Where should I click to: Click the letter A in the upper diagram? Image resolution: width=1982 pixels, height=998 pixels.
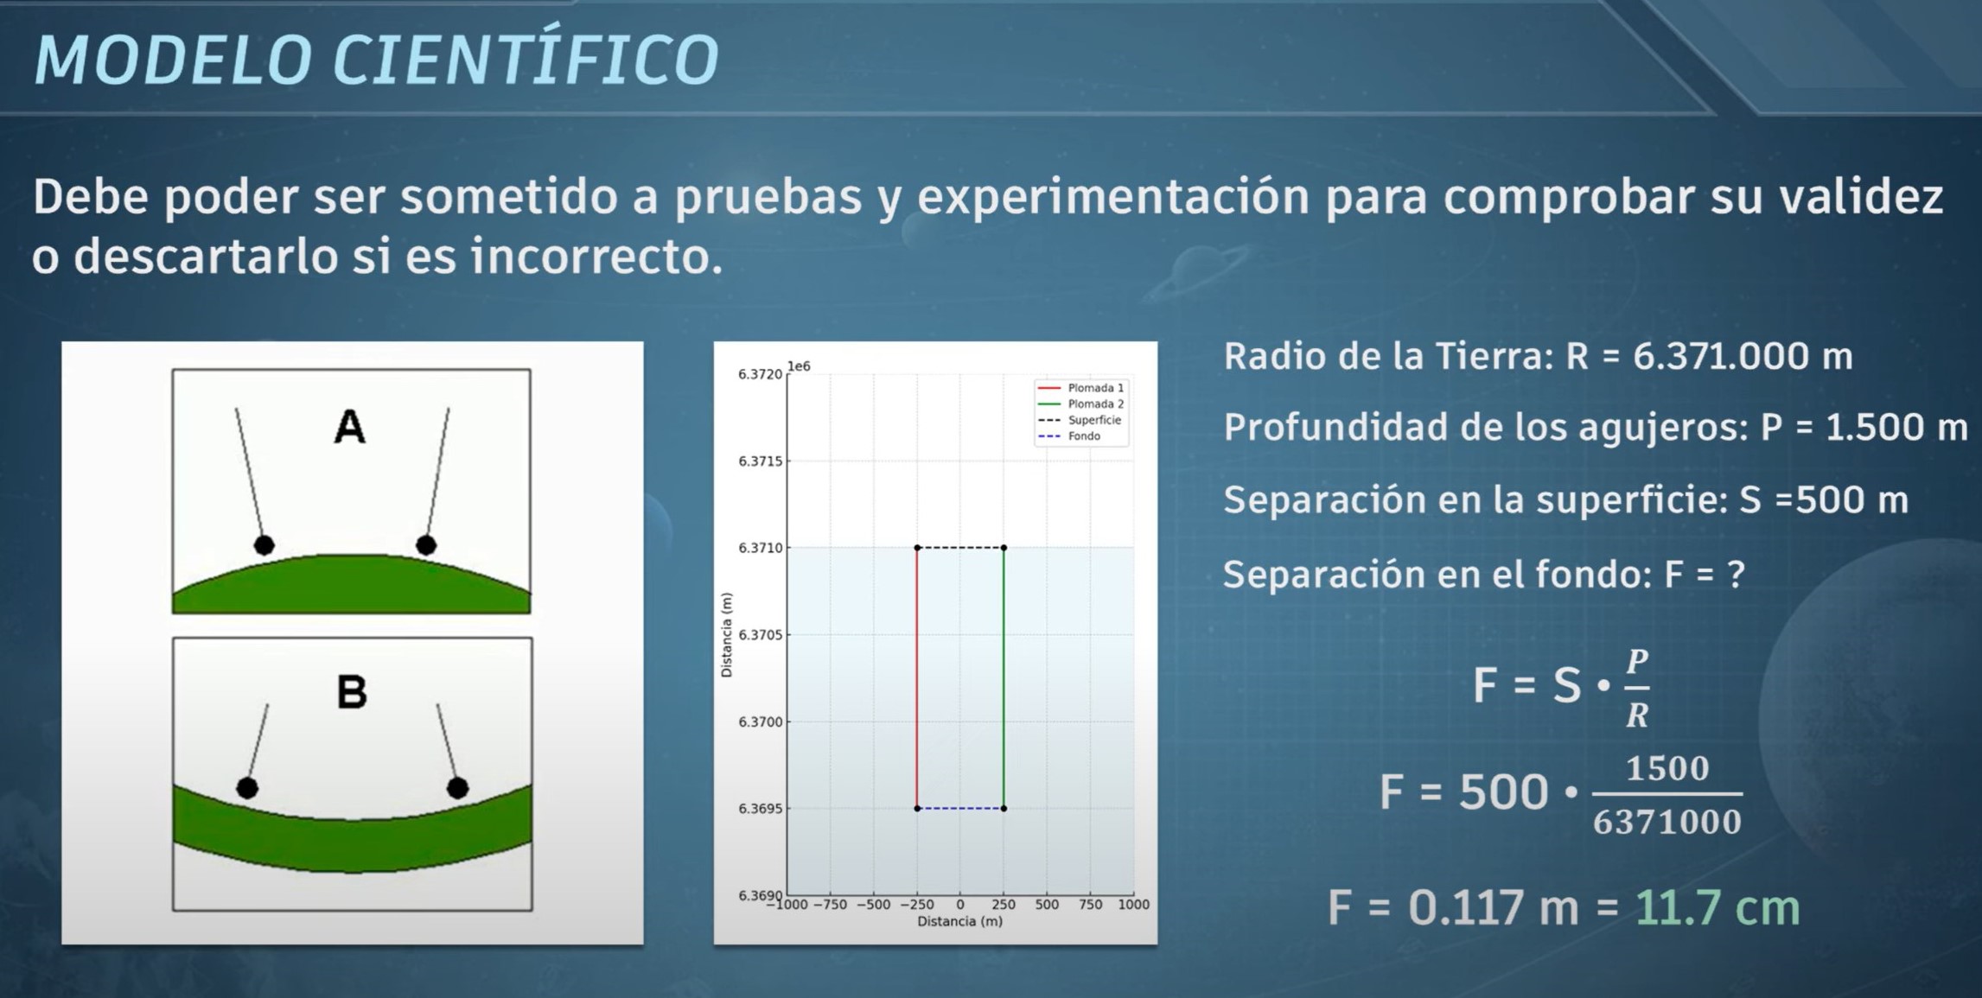tap(350, 427)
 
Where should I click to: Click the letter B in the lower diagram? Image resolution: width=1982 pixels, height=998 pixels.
tap(352, 692)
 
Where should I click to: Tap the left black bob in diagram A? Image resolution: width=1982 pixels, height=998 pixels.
tap(264, 545)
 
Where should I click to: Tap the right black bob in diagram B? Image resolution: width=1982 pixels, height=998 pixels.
tap(458, 788)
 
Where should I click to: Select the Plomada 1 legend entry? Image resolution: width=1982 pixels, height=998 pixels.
tap(1080, 388)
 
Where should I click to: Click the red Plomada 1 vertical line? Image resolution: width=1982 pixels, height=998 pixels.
tap(917, 678)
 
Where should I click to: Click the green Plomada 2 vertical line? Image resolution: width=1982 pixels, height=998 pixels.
tap(1004, 678)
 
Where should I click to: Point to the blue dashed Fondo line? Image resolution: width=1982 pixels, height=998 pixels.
tap(960, 809)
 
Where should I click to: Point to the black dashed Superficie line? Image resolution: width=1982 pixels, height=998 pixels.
tap(960, 548)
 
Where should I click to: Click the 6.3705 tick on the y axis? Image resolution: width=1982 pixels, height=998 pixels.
tap(760, 635)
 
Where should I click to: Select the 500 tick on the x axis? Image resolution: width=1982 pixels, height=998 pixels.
tap(1047, 905)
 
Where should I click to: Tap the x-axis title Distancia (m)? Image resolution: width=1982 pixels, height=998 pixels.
tap(959, 922)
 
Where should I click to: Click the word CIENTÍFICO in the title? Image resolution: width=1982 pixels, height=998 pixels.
tap(526, 60)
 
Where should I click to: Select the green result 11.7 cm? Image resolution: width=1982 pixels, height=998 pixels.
tap(1718, 908)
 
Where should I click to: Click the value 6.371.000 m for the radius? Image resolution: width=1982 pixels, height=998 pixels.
tap(1743, 356)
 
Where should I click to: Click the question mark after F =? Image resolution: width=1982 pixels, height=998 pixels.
tap(1735, 574)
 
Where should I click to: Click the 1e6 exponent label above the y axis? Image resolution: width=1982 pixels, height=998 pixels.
tap(799, 366)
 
